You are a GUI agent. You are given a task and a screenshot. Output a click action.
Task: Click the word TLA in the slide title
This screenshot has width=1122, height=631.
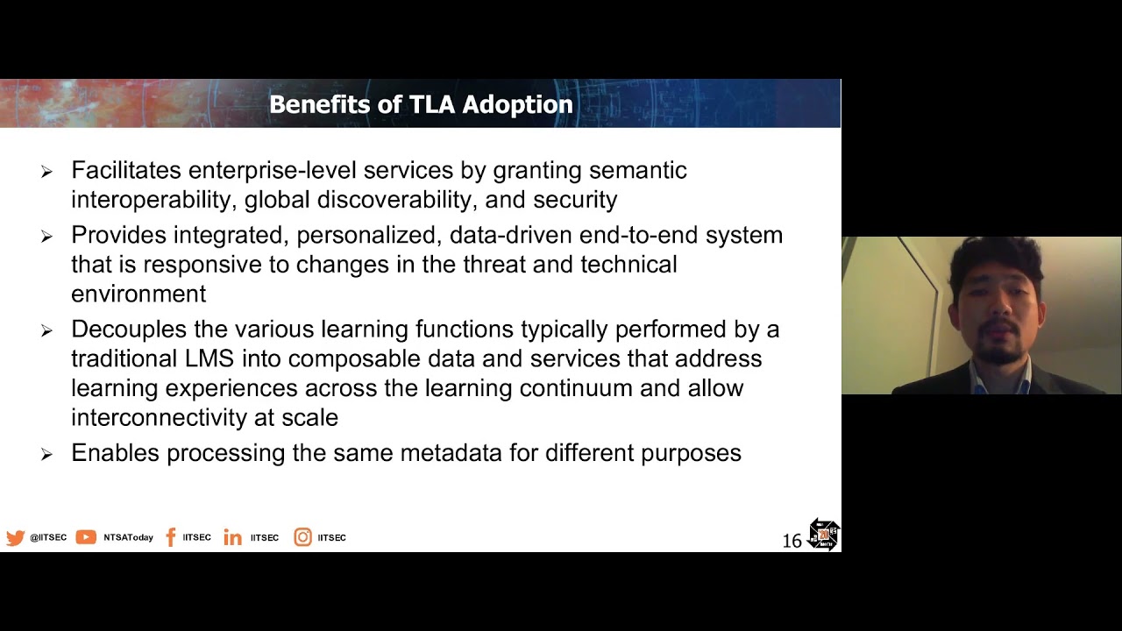[432, 104]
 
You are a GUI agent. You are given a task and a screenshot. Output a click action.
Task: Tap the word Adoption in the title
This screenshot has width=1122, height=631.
[517, 105]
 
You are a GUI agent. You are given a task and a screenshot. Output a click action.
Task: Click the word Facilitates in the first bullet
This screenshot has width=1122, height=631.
[126, 170]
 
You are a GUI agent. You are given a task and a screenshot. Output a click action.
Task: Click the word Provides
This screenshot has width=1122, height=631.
[118, 235]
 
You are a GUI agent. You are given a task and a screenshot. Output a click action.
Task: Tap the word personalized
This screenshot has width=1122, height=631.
[369, 236]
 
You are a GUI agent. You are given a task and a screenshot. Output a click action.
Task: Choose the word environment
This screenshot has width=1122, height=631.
[138, 294]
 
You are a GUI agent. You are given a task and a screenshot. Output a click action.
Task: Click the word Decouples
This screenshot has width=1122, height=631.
[129, 330]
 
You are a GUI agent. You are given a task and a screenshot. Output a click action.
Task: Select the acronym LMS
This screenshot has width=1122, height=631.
[209, 358]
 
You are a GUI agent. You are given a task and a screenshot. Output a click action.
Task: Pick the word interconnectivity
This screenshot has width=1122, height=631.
[159, 417]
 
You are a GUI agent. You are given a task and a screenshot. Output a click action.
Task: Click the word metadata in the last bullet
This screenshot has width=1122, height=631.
[451, 453]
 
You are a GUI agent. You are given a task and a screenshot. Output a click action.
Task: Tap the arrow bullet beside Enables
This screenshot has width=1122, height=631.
[46, 454]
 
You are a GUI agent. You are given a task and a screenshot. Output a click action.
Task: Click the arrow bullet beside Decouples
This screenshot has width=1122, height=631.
[46, 330]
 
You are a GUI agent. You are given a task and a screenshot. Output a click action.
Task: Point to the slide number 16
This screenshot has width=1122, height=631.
[792, 541]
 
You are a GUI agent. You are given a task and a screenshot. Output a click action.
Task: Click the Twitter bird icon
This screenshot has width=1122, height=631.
[16, 538]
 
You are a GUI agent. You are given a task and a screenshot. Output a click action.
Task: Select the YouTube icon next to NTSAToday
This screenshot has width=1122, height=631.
[86, 537]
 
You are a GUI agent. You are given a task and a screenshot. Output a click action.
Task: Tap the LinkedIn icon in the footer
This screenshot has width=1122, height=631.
[232, 537]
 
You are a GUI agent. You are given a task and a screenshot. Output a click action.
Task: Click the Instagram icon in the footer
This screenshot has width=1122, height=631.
[302, 537]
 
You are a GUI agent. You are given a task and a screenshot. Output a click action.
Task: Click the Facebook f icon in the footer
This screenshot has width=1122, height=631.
[171, 537]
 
